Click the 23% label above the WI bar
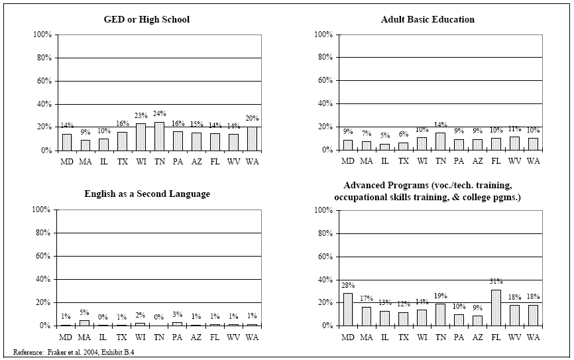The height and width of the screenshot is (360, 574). (x=141, y=117)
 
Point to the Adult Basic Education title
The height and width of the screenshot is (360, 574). (x=428, y=19)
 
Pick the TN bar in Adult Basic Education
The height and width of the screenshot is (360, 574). (x=441, y=141)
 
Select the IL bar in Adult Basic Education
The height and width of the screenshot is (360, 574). (x=384, y=147)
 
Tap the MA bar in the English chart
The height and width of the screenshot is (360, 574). (x=85, y=323)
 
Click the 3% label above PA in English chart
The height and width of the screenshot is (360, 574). (x=178, y=316)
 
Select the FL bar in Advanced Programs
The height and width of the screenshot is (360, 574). (x=496, y=308)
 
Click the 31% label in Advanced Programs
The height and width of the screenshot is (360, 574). (x=496, y=282)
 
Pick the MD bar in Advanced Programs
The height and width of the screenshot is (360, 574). (x=348, y=310)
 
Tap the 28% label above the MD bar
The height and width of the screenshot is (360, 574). (x=348, y=286)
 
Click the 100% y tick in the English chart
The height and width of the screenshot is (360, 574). (x=41, y=210)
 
